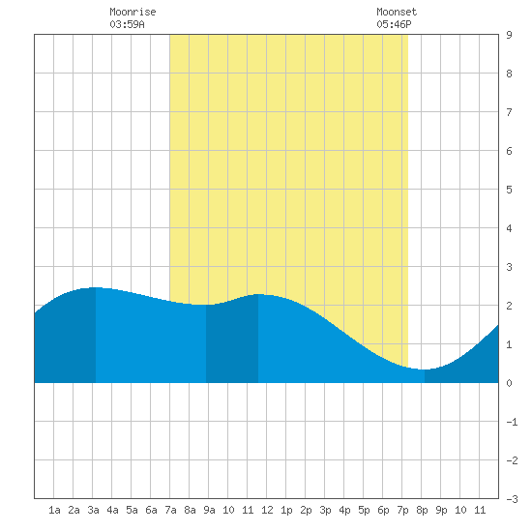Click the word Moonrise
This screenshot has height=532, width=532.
pyautogui.click(x=133, y=12)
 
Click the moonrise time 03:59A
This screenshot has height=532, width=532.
pyautogui.click(x=128, y=24)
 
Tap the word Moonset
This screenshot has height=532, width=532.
pyautogui.click(x=397, y=12)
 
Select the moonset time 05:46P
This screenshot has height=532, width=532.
pyautogui.click(x=394, y=24)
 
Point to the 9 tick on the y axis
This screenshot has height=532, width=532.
pyautogui.click(x=509, y=35)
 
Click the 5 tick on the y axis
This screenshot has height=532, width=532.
pyautogui.click(x=509, y=190)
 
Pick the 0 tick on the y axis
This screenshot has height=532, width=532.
pyautogui.click(x=509, y=383)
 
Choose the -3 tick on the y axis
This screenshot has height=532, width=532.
pyautogui.click(x=513, y=499)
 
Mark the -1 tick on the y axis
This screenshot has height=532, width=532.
pyautogui.click(x=513, y=422)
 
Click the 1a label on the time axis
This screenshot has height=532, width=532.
pyautogui.click(x=54, y=510)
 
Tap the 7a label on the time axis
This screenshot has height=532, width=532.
pyautogui.click(x=170, y=510)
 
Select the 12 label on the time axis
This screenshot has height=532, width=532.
pyautogui.click(x=267, y=510)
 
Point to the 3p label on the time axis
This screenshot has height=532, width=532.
pyautogui.click(x=325, y=510)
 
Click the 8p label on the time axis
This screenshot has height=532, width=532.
pyautogui.click(x=422, y=510)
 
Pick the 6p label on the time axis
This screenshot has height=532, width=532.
pyautogui.click(x=383, y=510)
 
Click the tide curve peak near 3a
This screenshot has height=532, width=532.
pyautogui.click(x=96, y=287)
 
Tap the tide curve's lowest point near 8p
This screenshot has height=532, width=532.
pyautogui.click(x=424, y=369)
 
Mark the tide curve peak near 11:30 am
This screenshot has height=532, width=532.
pyautogui.click(x=258, y=294)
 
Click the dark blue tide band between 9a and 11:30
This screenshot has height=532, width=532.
pyautogui.click(x=232, y=341)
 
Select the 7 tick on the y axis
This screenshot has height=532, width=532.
pyautogui.click(x=509, y=112)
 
